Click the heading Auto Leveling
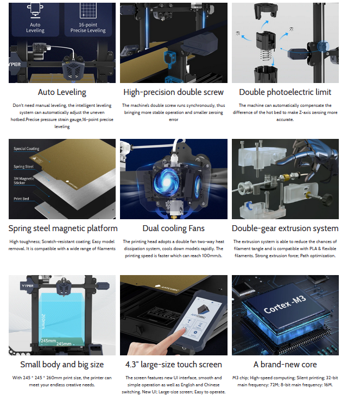62,92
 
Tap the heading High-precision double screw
174,92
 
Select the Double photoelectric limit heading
285,92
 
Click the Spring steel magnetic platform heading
63,228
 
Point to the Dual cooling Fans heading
174,228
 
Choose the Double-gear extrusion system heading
285,228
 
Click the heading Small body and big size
62,365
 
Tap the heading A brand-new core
285,364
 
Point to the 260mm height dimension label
43,321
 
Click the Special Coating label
26,149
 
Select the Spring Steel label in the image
23,167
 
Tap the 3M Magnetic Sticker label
24,181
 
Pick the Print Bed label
21,199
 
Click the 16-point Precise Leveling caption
88,28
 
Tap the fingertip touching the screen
184,331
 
